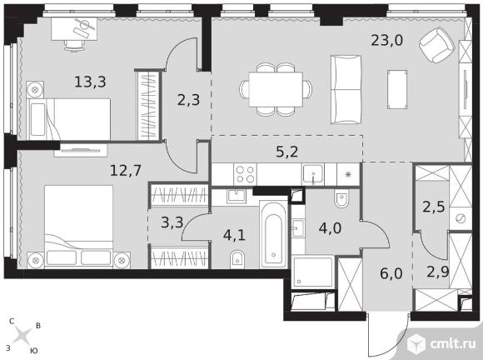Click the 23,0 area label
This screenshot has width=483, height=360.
[386, 40]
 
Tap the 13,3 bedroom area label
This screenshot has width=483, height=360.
[90, 82]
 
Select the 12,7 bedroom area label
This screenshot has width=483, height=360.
[126, 170]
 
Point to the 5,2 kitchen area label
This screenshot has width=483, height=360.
[286, 152]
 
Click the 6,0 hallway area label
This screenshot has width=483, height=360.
[391, 273]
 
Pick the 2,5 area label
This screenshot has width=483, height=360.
[433, 207]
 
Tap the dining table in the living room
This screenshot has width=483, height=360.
[276, 89]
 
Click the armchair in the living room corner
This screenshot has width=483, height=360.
[437, 44]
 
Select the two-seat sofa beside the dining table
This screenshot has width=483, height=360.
[346, 90]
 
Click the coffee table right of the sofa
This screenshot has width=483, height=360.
[397, 89]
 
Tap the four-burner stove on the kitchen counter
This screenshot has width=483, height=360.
[245, 174]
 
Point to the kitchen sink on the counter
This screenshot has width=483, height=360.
[313, 174]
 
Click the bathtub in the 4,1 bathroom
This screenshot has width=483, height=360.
[273, 235]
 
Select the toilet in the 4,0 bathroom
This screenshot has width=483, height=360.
[341, 199]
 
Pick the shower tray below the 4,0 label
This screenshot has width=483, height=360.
[313, 272]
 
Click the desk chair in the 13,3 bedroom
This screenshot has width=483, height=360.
[74, 45]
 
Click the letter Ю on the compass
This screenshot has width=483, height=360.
[34, 351]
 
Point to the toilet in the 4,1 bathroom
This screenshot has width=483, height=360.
[237, 259]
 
